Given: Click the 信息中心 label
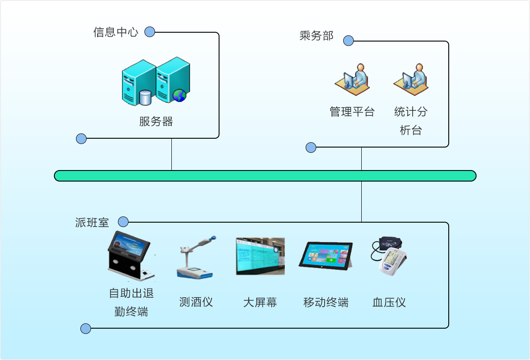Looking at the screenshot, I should point(116,32).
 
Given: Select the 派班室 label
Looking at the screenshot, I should point(92,223).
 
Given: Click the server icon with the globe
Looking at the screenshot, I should point(173,80).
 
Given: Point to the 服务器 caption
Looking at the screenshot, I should point(156,121).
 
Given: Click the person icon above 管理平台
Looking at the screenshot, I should point(352,80).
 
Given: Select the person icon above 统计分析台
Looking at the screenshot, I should point(411,80).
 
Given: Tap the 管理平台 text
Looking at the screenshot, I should point(352,112).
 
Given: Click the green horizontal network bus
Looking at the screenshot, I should point(265,176).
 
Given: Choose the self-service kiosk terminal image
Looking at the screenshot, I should point(130,257).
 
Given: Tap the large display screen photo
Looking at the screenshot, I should point(260,256).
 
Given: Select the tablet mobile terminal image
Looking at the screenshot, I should point(326,255).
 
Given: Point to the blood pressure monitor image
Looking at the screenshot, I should point(389,256).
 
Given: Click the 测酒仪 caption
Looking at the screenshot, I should point(196,302).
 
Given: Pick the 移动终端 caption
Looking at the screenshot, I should point(326,302).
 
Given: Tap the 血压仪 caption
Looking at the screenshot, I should point(389,302).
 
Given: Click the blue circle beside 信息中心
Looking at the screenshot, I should point(150,32).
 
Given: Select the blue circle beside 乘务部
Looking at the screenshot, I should point(348,41).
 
